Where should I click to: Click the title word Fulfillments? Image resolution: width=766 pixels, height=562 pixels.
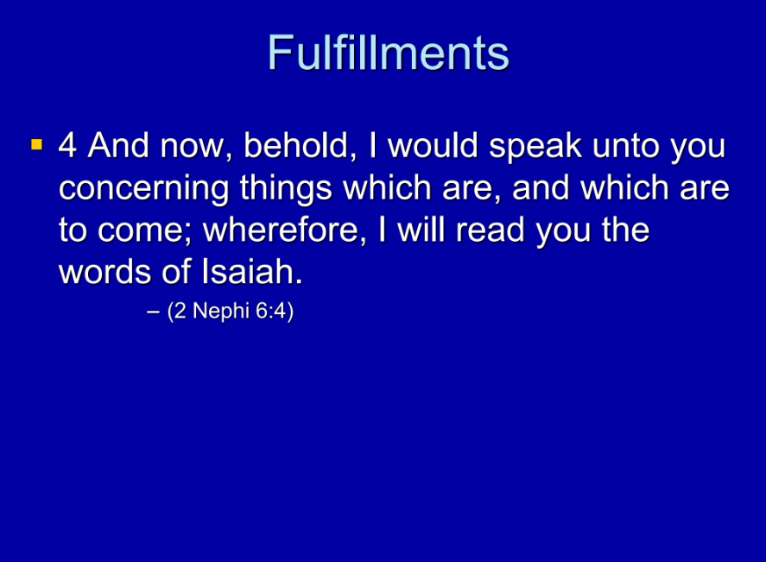click(x=389, y=53)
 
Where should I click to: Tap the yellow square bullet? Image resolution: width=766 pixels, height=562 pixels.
click(x=36, y=144)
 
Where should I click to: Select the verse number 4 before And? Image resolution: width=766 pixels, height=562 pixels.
click(x=67, y=146)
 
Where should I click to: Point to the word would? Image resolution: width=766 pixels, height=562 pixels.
click(x=433, y=146)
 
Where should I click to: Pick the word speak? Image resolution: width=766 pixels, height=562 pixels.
click(x=535, y=148)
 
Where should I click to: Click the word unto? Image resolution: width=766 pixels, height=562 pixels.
click(x=625, y=147)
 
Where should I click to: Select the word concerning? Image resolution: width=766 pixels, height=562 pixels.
click(x=143, y=189)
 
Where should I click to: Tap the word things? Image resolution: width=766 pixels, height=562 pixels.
click(x=286, y=189)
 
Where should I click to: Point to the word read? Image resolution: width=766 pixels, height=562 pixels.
click(x=491, y=230)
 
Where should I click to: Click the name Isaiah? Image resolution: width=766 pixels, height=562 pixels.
click(x=251, y=271)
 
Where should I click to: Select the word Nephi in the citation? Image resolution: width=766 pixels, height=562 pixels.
click(x=221, y=311)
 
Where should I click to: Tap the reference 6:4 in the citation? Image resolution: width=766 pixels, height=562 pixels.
click(x=271, y=311)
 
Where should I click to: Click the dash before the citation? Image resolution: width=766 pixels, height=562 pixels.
click(x=153, y=313)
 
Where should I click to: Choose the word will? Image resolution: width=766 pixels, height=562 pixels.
click(x=421, y=230)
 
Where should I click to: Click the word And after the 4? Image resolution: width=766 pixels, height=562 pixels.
click(x=118, y=146)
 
